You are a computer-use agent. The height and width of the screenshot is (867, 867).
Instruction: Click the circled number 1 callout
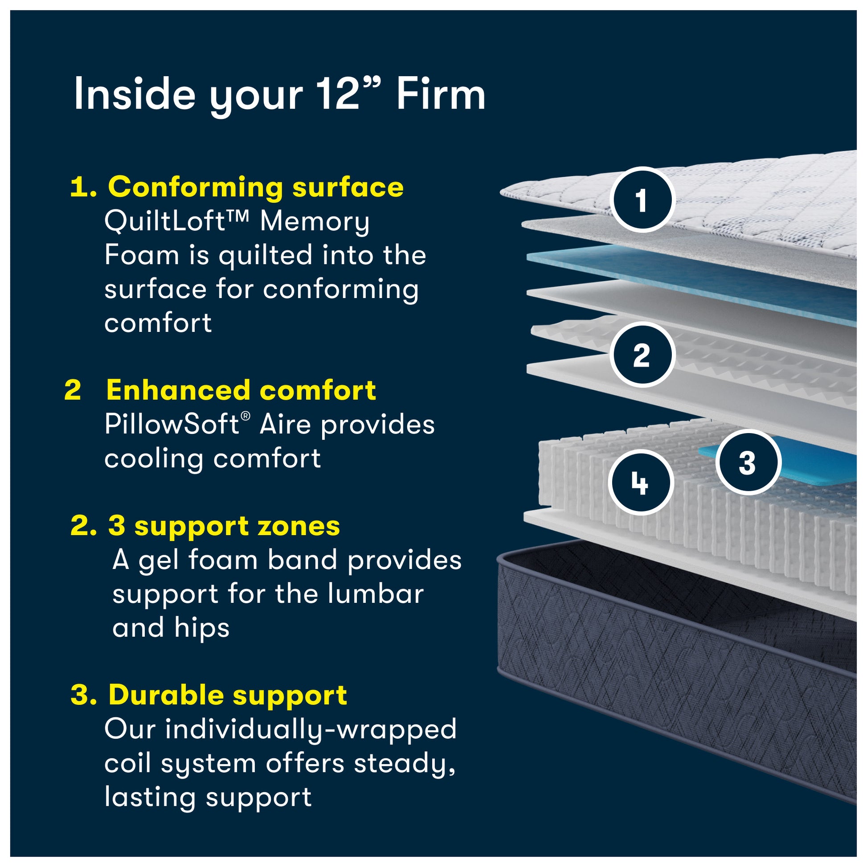642,200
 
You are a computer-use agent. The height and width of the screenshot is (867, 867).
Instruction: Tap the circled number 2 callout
642,355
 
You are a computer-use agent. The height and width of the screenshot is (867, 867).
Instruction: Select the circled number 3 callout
747,462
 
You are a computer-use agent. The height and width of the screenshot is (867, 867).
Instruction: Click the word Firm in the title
440,95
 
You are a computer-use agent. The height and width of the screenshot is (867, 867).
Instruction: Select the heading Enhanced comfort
241,390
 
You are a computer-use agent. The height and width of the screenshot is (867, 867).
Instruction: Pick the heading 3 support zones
224,525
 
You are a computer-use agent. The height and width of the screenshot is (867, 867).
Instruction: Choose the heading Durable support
228,695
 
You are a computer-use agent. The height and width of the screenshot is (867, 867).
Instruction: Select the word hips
201,628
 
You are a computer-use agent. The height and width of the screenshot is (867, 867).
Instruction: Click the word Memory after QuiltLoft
315,222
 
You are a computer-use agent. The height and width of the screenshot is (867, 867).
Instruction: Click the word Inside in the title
134,95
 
